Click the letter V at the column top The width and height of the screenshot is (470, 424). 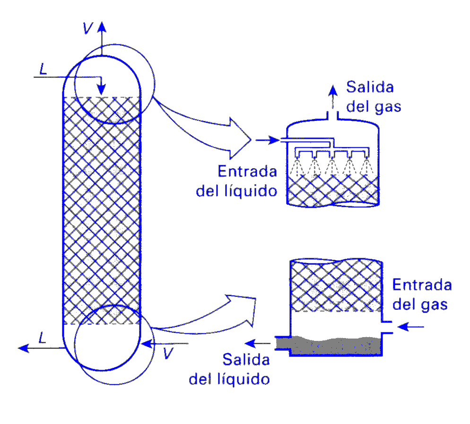tap(87, 28)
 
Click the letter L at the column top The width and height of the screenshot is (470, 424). tap(44, 69)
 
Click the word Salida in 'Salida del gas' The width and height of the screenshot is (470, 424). tap(370, 87)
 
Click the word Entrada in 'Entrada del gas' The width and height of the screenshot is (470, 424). tap(422, 285)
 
